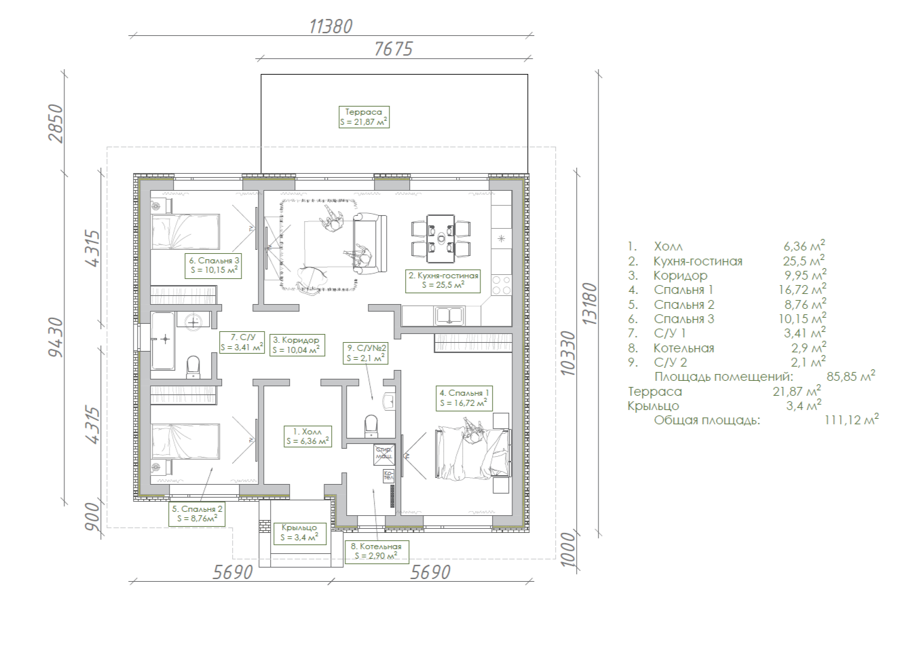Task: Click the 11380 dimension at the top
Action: [331, 26]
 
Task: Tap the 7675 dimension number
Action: [394, 49]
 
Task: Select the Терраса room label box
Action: [364, 117]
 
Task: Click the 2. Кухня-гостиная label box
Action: [443, 281]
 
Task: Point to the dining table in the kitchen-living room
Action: [440, 238]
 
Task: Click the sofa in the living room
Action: [370, 244]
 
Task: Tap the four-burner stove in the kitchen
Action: [502, 286]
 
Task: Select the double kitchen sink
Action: [449, 316]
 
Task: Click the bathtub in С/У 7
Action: [163, 340]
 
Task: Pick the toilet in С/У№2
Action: [371, 426]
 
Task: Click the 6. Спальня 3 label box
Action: [213, 266]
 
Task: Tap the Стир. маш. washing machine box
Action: [383, 455]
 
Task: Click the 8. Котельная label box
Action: [377, 551]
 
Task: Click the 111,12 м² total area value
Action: [851, 420]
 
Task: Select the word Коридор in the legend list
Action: [680, 276]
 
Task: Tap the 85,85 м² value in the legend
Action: [851, 376]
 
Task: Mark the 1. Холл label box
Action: [307, 437]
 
